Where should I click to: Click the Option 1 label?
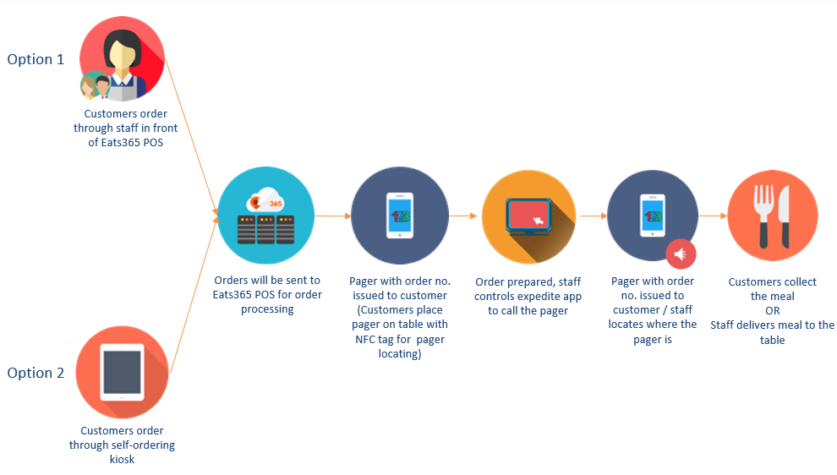click(36, 59)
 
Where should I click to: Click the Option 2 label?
click(36, 373)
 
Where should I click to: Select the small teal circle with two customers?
click(96, 85)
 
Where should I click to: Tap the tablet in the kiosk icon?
click(123, 372)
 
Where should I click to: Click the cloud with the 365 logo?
click(265, 200)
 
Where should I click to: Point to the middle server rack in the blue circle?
click(265, 230)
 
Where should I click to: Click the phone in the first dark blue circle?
click(400, 216)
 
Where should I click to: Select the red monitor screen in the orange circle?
click(528, 215)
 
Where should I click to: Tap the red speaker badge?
click(681, 254)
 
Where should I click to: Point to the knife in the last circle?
click(784, 216)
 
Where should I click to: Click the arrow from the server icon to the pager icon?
click(332, 216)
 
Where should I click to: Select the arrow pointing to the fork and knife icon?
click(714, 216)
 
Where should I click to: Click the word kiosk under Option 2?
click(122, 460)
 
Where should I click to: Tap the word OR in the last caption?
click(773, 311)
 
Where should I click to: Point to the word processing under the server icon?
click(267, 309)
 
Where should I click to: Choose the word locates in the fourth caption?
click(626, 325)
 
